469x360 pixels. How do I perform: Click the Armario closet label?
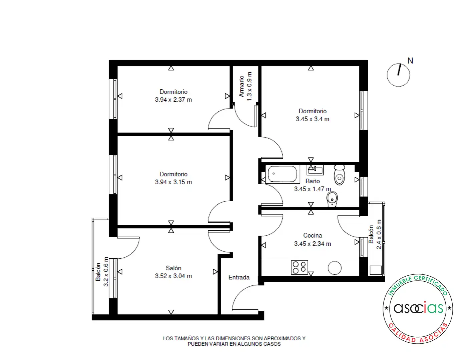(241, 86)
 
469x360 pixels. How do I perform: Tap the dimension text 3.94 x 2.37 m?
(173, 100)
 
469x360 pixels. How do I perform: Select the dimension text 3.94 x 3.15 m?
(173, 182)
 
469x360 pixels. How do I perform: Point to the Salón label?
(173, 268)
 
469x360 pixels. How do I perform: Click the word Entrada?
(239, 277)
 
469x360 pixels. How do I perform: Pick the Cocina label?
(313, 235)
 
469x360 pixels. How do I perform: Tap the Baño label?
(313, 181)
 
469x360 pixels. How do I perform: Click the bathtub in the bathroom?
(283, 174)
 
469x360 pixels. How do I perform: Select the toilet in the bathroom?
(339, 175)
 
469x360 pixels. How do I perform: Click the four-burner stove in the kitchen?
(299, 268)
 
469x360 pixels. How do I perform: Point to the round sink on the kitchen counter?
(335, 268)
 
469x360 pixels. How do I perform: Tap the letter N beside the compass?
(410, 61)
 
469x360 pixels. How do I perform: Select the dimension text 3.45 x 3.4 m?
(313, 119)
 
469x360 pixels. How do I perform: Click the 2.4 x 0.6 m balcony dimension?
(379, 235)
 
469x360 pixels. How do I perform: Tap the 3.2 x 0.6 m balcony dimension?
(106, 272)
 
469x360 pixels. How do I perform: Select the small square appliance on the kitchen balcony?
(376, 270)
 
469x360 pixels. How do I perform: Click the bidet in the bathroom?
(332, 199)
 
